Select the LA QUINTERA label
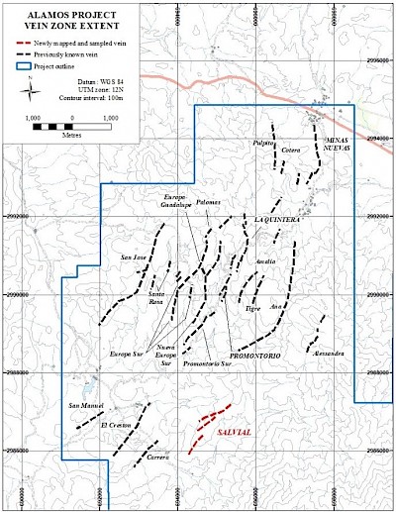click(276, 220)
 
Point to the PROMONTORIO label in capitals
click(256, 355)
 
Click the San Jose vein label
click(133, 258)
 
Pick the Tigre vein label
click(251, 308)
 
